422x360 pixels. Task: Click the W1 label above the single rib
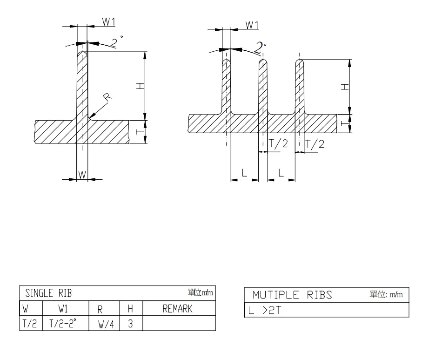(109, 21)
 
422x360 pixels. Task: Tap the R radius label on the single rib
(107, 97)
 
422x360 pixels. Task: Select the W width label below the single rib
(82, 175)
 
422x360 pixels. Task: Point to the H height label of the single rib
(141, 86)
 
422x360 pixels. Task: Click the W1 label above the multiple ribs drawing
(252, 25)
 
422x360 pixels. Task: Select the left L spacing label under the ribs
(245, 172)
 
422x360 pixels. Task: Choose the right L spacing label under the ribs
(281, 172)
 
